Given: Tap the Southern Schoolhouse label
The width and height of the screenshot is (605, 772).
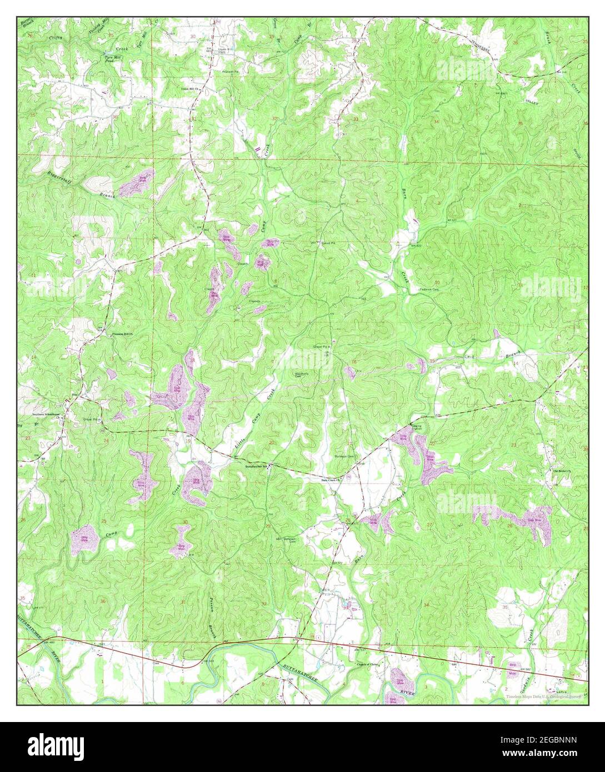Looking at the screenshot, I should (x=44, y=413).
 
